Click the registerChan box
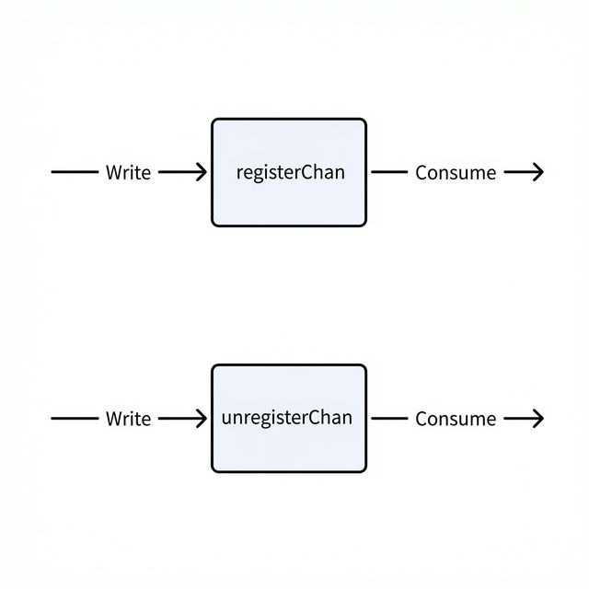[289, 172]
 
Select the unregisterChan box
[289, 418]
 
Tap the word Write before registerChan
[128, 172]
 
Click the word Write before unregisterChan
[128, 419]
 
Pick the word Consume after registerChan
[456, 172]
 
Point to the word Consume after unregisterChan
[456, 419]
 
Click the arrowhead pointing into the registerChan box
[202, 172]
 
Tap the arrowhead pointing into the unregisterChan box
[202, 419]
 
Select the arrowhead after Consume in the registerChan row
[538, 172]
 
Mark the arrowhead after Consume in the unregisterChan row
[538, 419]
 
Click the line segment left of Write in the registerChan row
[74, 172]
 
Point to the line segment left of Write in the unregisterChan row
[74, 419]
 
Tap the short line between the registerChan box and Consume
[388, 172]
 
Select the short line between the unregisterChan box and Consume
[388, 419]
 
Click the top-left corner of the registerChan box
[214, 121]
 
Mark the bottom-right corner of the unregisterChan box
[364, 469]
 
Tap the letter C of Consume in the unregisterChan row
[422, 419]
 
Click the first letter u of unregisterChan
[227, 418]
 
